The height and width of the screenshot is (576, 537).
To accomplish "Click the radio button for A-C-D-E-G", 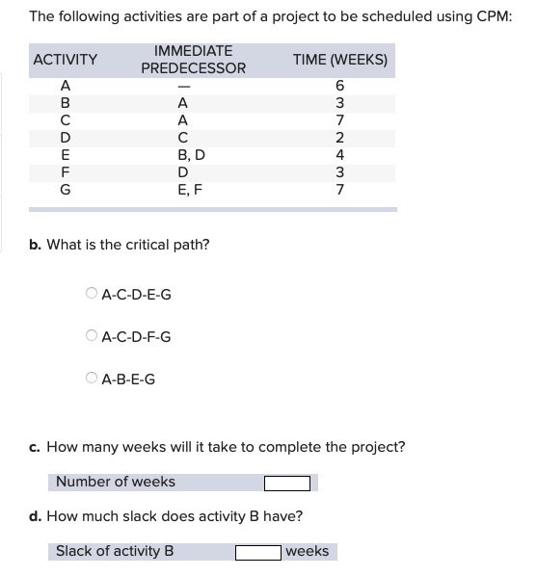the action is tap(92, 294).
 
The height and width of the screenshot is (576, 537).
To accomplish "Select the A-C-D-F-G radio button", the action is tap(92, 336).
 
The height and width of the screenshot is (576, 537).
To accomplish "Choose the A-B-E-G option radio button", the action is tap(92, 379).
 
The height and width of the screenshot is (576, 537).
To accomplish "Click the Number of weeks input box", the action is tap(288, 483).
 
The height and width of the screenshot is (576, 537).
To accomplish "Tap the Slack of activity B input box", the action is tap(257, 552).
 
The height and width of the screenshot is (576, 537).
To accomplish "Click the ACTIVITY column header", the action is tap(66, 60).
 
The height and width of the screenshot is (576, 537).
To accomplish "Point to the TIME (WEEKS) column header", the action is tap(339, 60).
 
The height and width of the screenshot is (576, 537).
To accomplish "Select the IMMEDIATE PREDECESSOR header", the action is tap(193, 60).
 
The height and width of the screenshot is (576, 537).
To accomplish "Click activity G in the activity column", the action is tap(66, 191).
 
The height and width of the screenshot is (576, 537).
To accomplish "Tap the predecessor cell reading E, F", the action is tap(192, 191).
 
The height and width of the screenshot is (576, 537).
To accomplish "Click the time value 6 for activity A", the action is tap(339, 86).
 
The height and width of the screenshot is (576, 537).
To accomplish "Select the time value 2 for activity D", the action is tap(339, 138).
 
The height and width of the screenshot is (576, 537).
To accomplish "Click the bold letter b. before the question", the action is tap(35, 245).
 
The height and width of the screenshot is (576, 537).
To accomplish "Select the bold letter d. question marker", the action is tap(35, 516).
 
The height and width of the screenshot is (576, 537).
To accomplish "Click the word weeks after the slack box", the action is tap(307, 552).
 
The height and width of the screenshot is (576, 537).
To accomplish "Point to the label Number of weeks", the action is tap(116, 482).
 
